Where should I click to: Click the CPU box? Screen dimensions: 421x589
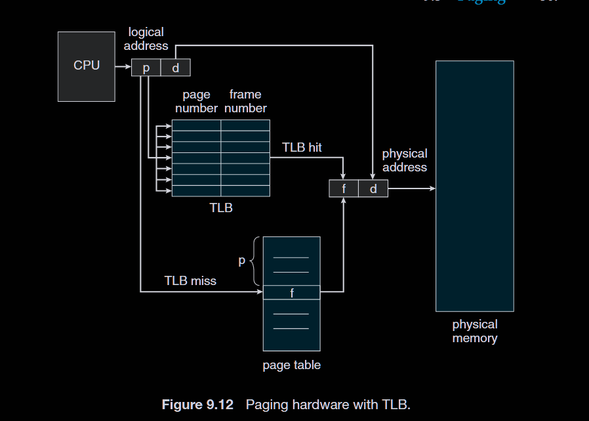pyautogui.click(x=86, y=66)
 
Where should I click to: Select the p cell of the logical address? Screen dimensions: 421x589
pyautogui.click(x=146, y=68)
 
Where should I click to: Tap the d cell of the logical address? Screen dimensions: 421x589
pyautogui.click(x=176, y=68)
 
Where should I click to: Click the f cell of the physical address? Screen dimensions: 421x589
pyautogui.click(x=344, y=188)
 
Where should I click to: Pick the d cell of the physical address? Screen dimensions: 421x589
pyautogui.click(x=373, y=188)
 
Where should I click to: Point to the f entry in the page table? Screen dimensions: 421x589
pyautogui.click(x=292, y=293)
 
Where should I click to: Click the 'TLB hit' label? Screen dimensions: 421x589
pyautogui.click(x=302, y=147)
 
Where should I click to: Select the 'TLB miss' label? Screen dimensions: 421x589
pyautogui.click(x=190, y=281)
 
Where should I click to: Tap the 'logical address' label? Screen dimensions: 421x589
pyautogui.click(x=146, y=39)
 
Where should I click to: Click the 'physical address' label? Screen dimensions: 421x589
pyautogui.click(x=404, y=160)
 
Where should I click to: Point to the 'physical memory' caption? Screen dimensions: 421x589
pyautogui.click(x=475, y=332)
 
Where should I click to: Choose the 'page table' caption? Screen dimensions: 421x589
pyautogui.click(x=292, y=365)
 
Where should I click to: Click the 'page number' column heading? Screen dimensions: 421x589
pyautogui.click(x=196, y=101)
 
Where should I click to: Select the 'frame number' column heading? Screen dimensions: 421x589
pyautogui.click(x=245, y=101)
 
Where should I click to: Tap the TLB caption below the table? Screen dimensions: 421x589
pyautogui.click(x=220, y=208)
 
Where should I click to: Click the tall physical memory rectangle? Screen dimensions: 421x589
pyautogui.click(x=475, y=186)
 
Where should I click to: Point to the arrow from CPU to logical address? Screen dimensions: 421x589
pyautogui.click(x=123, y=67)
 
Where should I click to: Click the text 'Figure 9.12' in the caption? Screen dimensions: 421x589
pyautogui.click(x=197, y=405)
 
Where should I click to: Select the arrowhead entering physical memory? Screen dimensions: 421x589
pyautogui.click(x=432, y=188)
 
